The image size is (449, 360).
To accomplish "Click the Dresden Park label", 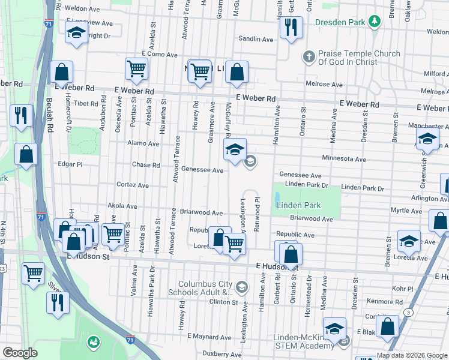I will [340, 23].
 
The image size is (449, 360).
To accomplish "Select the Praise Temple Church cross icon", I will [308, 58].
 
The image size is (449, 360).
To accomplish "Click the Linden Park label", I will [298, 205].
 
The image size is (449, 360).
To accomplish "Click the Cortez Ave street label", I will [132, 185].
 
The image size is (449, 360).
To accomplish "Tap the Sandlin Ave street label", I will [256, 39].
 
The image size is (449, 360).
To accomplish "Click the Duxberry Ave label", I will [221, 354].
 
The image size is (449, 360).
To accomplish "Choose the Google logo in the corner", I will [20, 353].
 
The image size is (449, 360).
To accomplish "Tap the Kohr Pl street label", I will [401, 289].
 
